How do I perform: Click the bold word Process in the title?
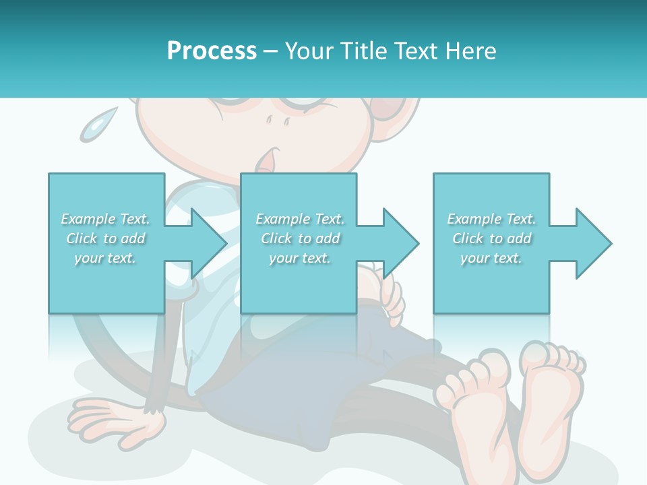tap(212, 51)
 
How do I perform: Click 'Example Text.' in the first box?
tap(106, 219)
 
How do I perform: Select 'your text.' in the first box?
tap(106, 258)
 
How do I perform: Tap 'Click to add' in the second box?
tap(300, 238)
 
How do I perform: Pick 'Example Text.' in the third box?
tap(491, 219)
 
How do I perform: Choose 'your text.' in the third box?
tap(491, 258)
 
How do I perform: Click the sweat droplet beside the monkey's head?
tap(94, 125)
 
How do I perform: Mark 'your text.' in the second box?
tap(300, 258)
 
